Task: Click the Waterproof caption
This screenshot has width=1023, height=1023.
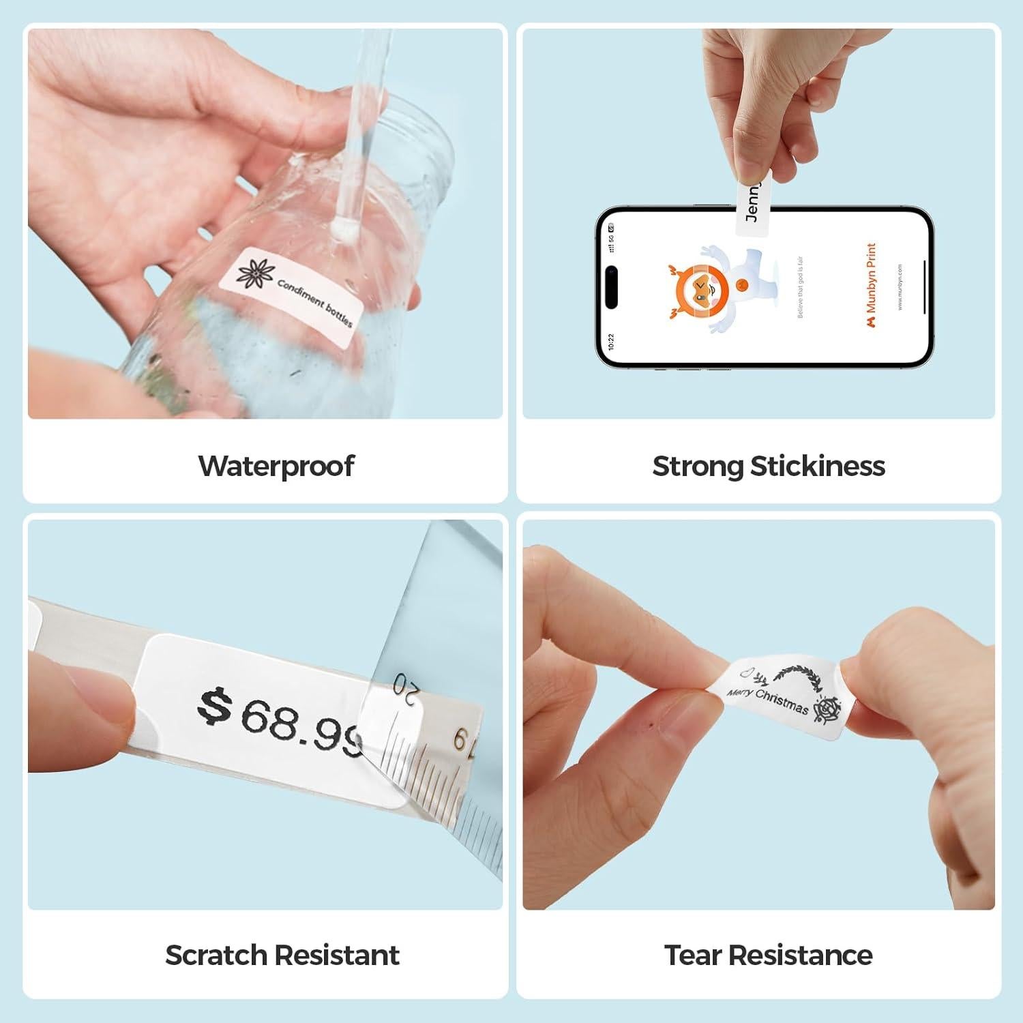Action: pos(276,466)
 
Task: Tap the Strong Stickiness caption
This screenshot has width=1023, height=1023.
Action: pos(769,466)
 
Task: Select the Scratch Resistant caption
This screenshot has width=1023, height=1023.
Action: pos(282,955)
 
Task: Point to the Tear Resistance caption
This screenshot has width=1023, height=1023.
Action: pos(768,955)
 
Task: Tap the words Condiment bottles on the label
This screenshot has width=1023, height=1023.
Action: pos(314,301)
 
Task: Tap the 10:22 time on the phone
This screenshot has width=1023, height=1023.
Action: pos(610,341)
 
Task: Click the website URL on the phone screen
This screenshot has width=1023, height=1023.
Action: pos(900,287)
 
